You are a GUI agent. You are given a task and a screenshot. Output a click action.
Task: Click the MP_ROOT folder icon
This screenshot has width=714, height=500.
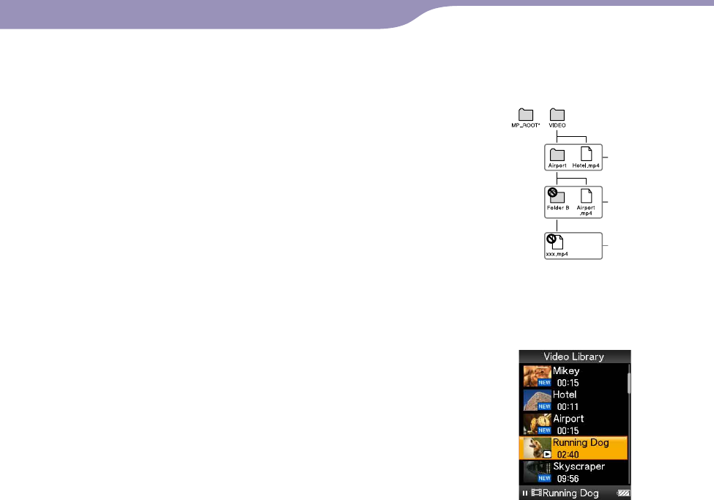[526, 114]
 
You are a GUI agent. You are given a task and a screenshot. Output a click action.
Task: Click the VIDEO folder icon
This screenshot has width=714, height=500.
[557, 114]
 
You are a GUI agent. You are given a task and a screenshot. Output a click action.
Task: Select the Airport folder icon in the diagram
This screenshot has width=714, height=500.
[557, 154]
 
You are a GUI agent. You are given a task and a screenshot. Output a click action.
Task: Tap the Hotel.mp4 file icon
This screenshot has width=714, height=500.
[586, 154]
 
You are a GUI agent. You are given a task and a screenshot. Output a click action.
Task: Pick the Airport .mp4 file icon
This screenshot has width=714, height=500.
[586, 195]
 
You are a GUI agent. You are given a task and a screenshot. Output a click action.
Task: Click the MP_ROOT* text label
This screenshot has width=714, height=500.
[526, 125]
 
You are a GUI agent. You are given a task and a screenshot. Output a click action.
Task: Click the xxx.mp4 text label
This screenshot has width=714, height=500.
[557, 253]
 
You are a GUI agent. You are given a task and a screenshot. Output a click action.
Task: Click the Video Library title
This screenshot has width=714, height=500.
[573, 357]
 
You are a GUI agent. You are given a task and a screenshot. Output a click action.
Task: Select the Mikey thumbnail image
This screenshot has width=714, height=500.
[535, 376]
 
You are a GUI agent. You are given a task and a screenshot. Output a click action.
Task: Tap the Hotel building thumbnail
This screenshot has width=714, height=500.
[535, 400]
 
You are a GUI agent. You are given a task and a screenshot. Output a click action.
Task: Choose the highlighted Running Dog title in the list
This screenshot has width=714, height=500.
[581, 442]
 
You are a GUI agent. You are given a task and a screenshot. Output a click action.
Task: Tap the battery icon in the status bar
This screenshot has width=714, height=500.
[622, 493]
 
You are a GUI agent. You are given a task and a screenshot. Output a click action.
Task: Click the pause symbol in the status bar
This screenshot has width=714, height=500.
[525, 493]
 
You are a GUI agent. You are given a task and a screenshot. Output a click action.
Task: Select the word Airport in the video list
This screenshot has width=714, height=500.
[568, 418]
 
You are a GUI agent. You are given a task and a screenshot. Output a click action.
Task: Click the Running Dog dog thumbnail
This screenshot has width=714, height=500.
[535, 447]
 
